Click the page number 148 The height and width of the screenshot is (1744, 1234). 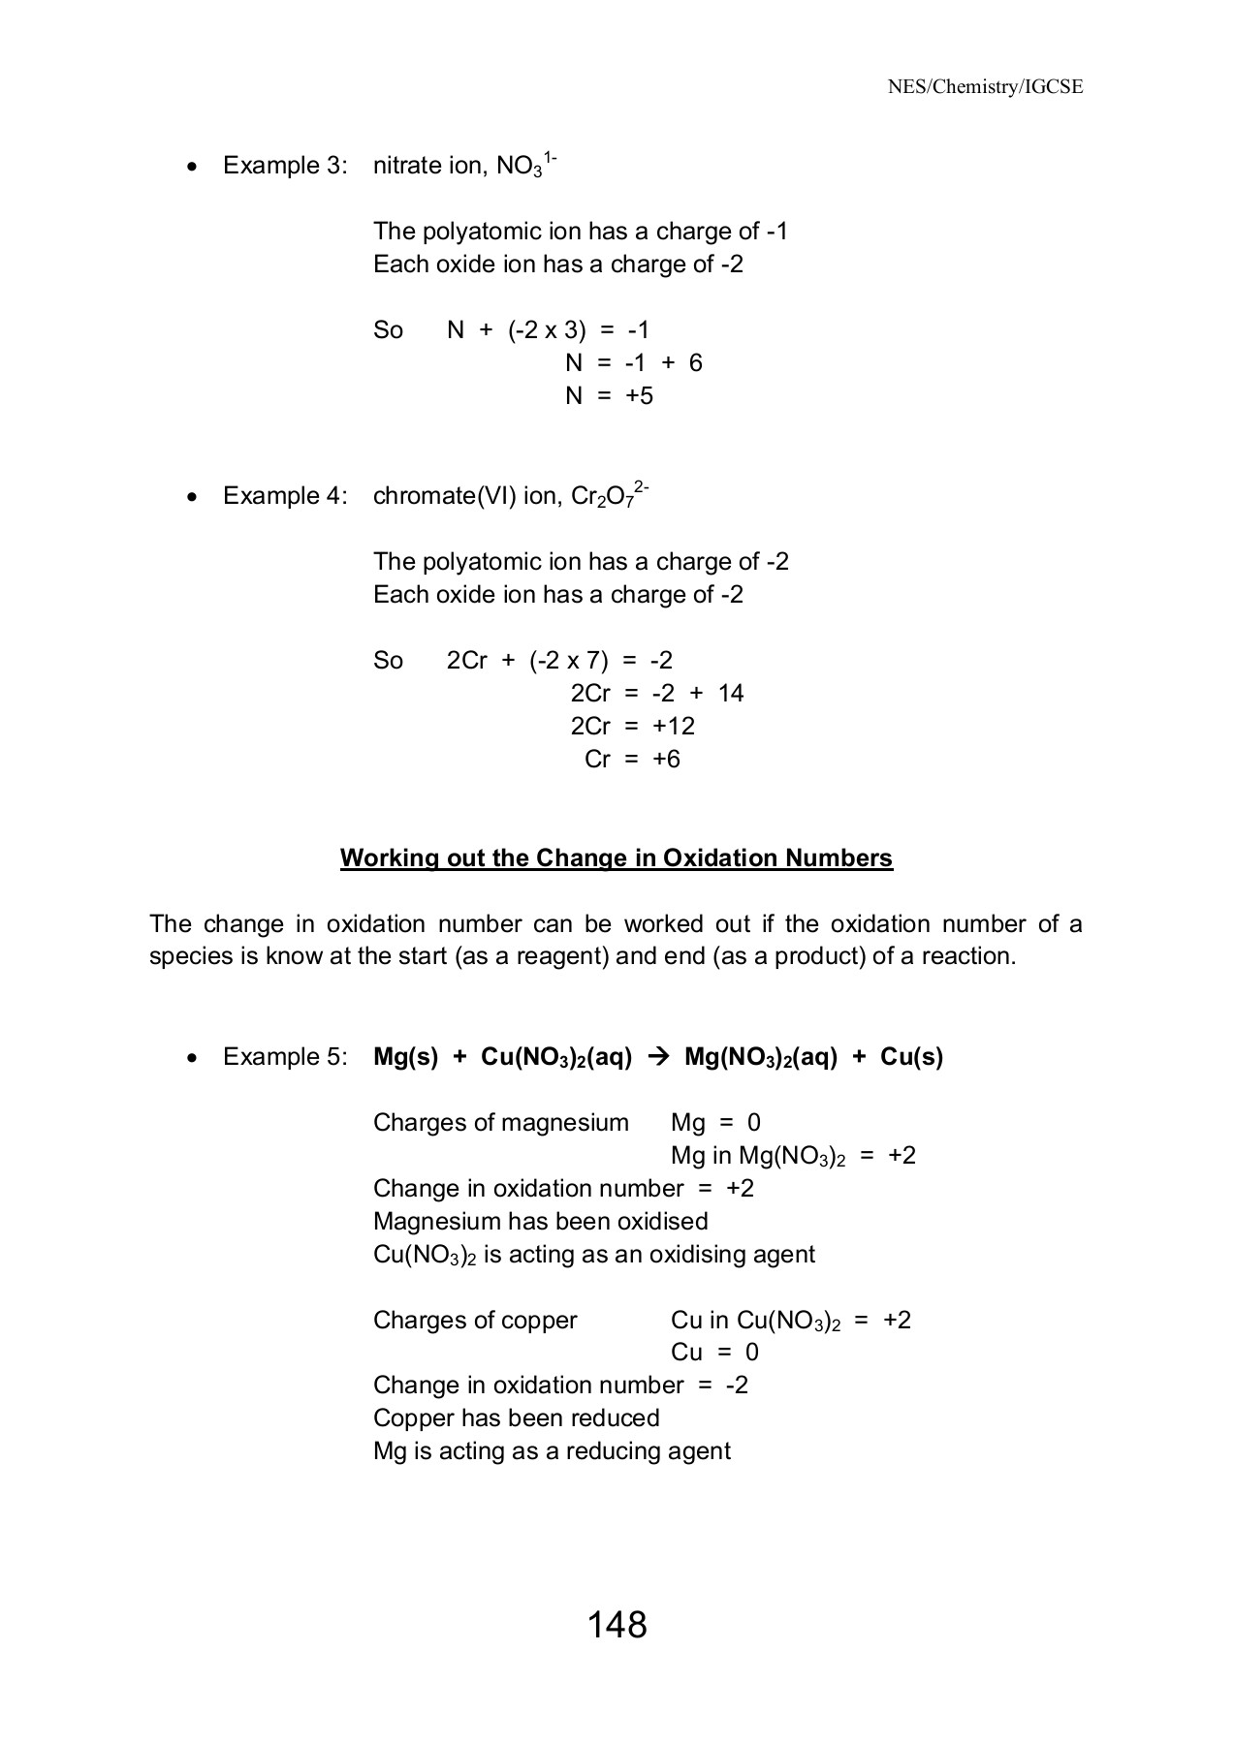click(x=617, y=1625)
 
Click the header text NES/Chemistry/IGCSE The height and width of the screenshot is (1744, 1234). click(x=985, y=87)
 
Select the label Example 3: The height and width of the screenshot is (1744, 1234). click(x=285, y=166)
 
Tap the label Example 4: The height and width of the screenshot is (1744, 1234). click(x=285, y=496)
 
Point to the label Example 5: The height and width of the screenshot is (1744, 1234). click(x=285, y=1057)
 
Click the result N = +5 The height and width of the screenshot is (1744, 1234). click(x=609, y=395)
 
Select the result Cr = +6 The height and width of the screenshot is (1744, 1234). click(x=632, y=759)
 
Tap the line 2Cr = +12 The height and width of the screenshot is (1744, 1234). click(x=632, y=726)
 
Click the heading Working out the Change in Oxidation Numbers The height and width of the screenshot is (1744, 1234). click(x=616, y=858)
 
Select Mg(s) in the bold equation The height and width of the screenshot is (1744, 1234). click(x=405, y=1057)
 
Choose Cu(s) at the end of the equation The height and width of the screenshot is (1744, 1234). click(x=911, y=1057)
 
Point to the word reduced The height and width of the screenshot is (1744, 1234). click(x=615, y=1417)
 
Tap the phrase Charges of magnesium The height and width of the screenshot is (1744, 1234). click(x=500, y=1123)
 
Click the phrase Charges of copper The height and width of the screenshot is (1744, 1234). click(x=474, y=1320)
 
